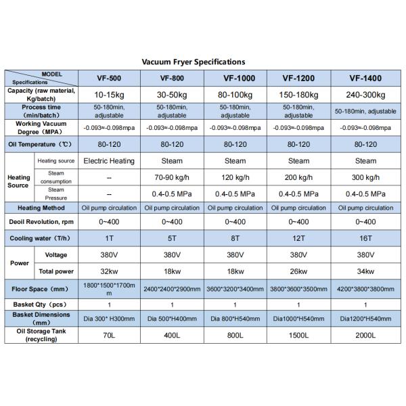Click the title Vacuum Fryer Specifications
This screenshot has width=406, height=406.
pyautogui.click(x=193, y=62)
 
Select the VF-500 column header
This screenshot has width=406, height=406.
pyautogui.click(x=108, y=77)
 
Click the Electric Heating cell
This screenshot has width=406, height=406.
pyautogui.click(x=108, y=161)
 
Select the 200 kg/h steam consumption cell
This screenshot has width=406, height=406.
pyautogui.click(x=298, y=177)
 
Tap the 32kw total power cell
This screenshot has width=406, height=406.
pyautogui.click(x=108, y=271)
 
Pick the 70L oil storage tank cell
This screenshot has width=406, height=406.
pyautogui.click(x=108, y=335)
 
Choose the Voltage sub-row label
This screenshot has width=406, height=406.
pyautogui.click(x=55, y=254)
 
